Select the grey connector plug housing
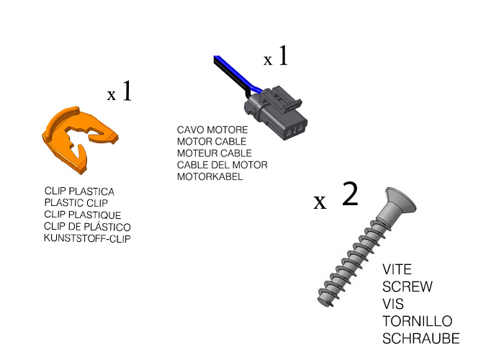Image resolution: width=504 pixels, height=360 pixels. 276,113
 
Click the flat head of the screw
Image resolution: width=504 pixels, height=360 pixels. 400,201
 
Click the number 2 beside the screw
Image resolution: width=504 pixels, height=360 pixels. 350,194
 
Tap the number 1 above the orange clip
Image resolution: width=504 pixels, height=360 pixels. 127,91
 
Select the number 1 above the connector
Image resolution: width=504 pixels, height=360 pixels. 283,55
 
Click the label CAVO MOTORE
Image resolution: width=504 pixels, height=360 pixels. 212,130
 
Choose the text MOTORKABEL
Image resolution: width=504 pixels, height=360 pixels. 210,177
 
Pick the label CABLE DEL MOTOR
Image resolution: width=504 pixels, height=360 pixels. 222,165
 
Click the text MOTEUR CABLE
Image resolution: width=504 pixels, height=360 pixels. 215,153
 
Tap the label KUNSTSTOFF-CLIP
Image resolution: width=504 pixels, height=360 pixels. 87,238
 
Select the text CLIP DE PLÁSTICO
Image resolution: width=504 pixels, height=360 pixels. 87,226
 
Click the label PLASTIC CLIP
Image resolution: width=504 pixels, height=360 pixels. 76,203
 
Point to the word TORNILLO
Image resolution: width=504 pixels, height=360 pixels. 417,321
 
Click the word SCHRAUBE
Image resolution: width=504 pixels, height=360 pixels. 420,338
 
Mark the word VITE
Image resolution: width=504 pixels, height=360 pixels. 397,269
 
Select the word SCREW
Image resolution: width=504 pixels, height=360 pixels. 408,287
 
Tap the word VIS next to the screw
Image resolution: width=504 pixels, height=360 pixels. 393,304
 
